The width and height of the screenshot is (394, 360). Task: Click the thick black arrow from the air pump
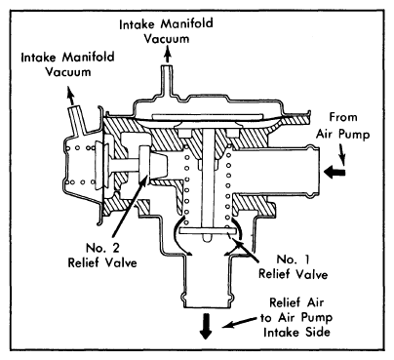(335, 172)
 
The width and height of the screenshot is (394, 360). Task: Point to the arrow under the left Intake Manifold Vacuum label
(70, 96)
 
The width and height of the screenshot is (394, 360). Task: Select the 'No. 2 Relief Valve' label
(102, 255)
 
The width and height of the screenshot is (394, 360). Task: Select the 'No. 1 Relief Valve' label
(293, 266)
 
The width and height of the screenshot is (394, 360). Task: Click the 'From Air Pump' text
(343, 126)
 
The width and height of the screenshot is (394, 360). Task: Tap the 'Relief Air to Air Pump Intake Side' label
(296, 317)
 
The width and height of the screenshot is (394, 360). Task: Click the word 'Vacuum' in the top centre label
(167, 39)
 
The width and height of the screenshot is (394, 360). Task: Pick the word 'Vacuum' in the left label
(68, 71)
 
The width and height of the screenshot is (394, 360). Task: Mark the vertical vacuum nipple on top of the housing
(167, 81)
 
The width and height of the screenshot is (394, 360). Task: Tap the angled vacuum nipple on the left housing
(76, 119)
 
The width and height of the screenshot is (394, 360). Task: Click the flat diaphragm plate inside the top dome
(207, 116)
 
